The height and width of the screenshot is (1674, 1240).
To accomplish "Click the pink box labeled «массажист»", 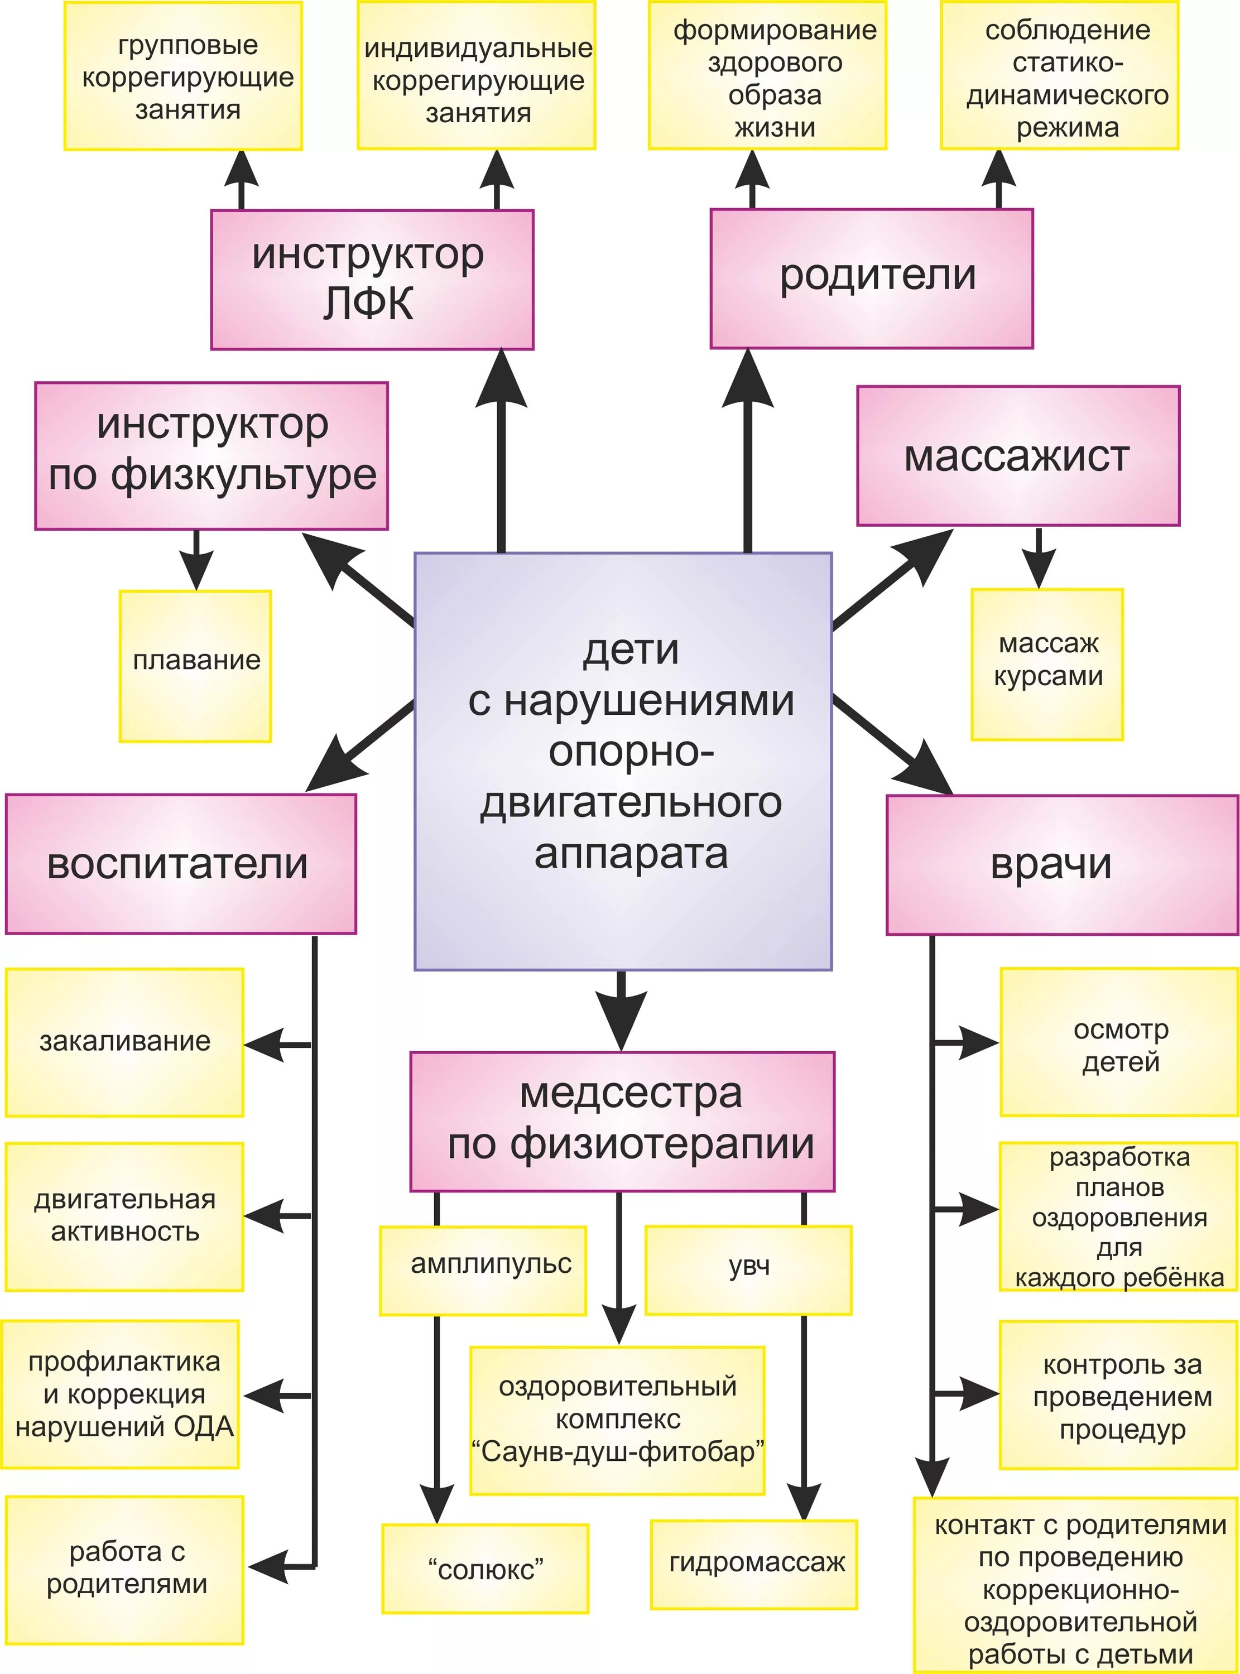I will coord(1018,455).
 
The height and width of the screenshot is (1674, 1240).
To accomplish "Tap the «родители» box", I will coord(872,278).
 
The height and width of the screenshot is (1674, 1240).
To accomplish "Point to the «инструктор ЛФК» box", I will coord(372,279).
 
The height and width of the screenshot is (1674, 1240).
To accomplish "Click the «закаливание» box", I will coord(124,1042).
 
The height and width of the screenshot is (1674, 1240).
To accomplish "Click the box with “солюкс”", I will coord(485,1568).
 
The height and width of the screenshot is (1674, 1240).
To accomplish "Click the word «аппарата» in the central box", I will coord(631,854).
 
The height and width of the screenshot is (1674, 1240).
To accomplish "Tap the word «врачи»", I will coord(1050,864).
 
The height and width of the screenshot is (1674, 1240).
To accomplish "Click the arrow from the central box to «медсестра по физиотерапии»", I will coord(622,1010).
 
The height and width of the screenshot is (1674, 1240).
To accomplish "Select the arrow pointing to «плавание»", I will coord(196,560).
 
